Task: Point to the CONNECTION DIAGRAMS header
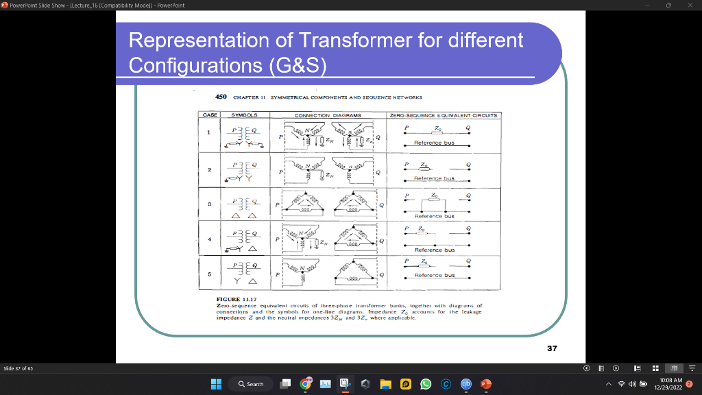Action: tap(328, 115)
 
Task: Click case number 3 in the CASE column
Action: tap(209, 204)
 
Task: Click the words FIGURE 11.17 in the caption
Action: tap(235, 300)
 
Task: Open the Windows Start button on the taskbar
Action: tap(217, 384)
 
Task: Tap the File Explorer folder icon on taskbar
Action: tap(385, 384)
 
